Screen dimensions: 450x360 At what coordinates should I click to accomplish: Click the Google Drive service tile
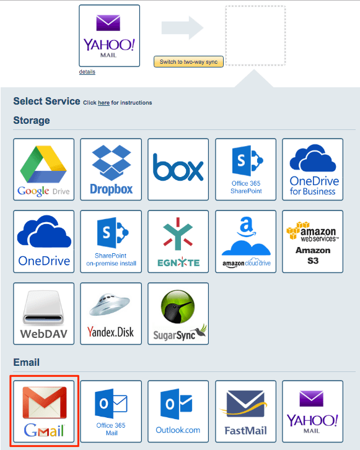point(43,168)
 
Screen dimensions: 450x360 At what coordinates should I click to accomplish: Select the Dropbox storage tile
point(112,168)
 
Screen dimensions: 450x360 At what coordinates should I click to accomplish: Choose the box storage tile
point(178,168)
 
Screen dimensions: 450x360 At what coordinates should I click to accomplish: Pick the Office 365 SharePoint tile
point(246,168)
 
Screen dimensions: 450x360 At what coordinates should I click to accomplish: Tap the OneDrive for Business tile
point(313,168)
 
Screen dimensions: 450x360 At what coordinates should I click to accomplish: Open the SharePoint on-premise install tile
point(112,241)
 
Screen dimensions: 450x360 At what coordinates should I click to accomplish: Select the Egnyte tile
point(178,241)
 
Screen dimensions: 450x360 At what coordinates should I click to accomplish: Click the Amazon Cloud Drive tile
point(246,241)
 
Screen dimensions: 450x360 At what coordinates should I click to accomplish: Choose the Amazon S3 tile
point(313,241)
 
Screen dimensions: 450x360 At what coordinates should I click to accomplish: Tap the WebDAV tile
point(43,313)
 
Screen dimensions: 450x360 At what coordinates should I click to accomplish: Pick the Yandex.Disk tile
point(112,313)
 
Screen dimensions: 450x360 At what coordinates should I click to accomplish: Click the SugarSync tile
point(178,313)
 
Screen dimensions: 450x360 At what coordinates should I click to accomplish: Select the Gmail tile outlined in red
point(43,411)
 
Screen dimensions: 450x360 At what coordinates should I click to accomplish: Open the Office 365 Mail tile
point(112,411)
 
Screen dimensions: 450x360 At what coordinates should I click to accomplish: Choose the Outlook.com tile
point(178,411)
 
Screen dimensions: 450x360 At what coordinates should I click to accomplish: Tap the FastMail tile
point(246,411)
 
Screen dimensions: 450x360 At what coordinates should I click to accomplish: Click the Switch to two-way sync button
point(188,62)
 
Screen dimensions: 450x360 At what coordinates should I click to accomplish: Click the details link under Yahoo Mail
point(87,72)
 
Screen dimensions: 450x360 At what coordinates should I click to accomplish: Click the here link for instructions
point(103,103)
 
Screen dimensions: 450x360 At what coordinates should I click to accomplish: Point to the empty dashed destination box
point(255,36)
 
